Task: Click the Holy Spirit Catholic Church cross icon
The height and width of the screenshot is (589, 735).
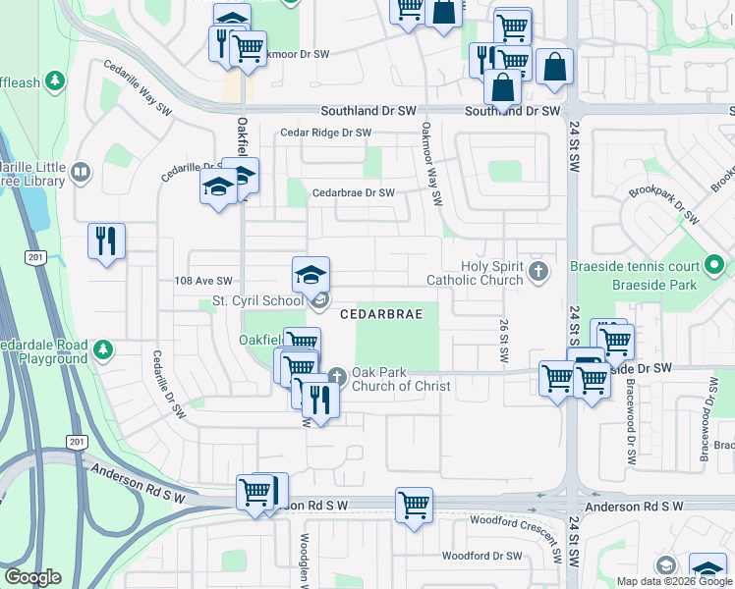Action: coord(537,270)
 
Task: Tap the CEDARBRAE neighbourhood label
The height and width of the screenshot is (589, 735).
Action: coord(381,314)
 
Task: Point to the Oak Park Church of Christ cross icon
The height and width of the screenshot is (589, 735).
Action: coord(337,374)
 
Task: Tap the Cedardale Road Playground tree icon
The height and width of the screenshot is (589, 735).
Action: coord(102,348)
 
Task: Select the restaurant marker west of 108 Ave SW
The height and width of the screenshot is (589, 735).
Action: coord(107,241)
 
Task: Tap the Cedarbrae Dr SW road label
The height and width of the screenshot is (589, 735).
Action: coord(353,193)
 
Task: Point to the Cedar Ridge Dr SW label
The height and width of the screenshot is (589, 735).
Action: coord(325,133)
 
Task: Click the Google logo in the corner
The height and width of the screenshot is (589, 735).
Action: coord(32,577)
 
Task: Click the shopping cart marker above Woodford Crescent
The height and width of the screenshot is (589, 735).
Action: coord(414,507)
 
